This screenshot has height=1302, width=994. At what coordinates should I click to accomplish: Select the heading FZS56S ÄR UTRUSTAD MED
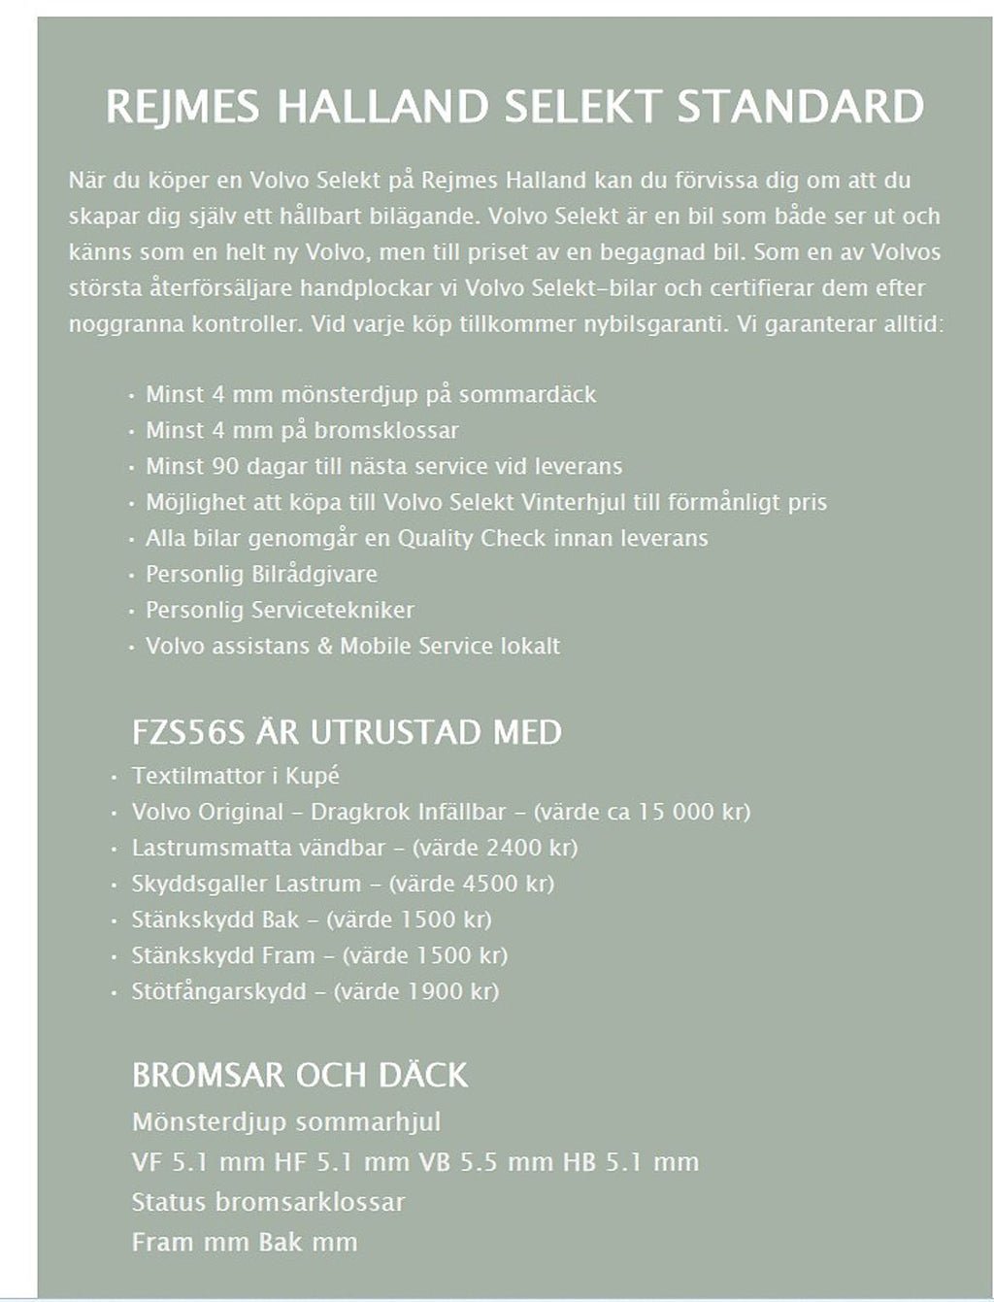[x=347, y=732]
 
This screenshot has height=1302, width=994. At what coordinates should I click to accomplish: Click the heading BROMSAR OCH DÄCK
[x=300, y=1075]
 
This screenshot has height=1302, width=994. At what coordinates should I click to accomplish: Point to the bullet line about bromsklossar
[x=302, y=430]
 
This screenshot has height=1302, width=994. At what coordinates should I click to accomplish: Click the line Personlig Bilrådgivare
[x=261, y=574]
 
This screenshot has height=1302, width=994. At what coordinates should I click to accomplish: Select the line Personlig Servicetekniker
[x=280, y=610]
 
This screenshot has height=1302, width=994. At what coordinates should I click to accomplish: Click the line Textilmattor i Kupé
[x=236, y=776]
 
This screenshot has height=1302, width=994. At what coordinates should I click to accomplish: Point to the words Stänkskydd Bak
[x=215, y=919]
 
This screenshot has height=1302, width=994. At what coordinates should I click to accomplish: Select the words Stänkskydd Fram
[x=223, y=955]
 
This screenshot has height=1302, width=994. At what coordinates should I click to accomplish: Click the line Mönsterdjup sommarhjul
[x=286, y=1122]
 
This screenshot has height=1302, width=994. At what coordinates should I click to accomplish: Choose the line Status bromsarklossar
[x=268, y=1202]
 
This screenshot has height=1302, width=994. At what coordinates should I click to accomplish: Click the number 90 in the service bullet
[x=223, y=466]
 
